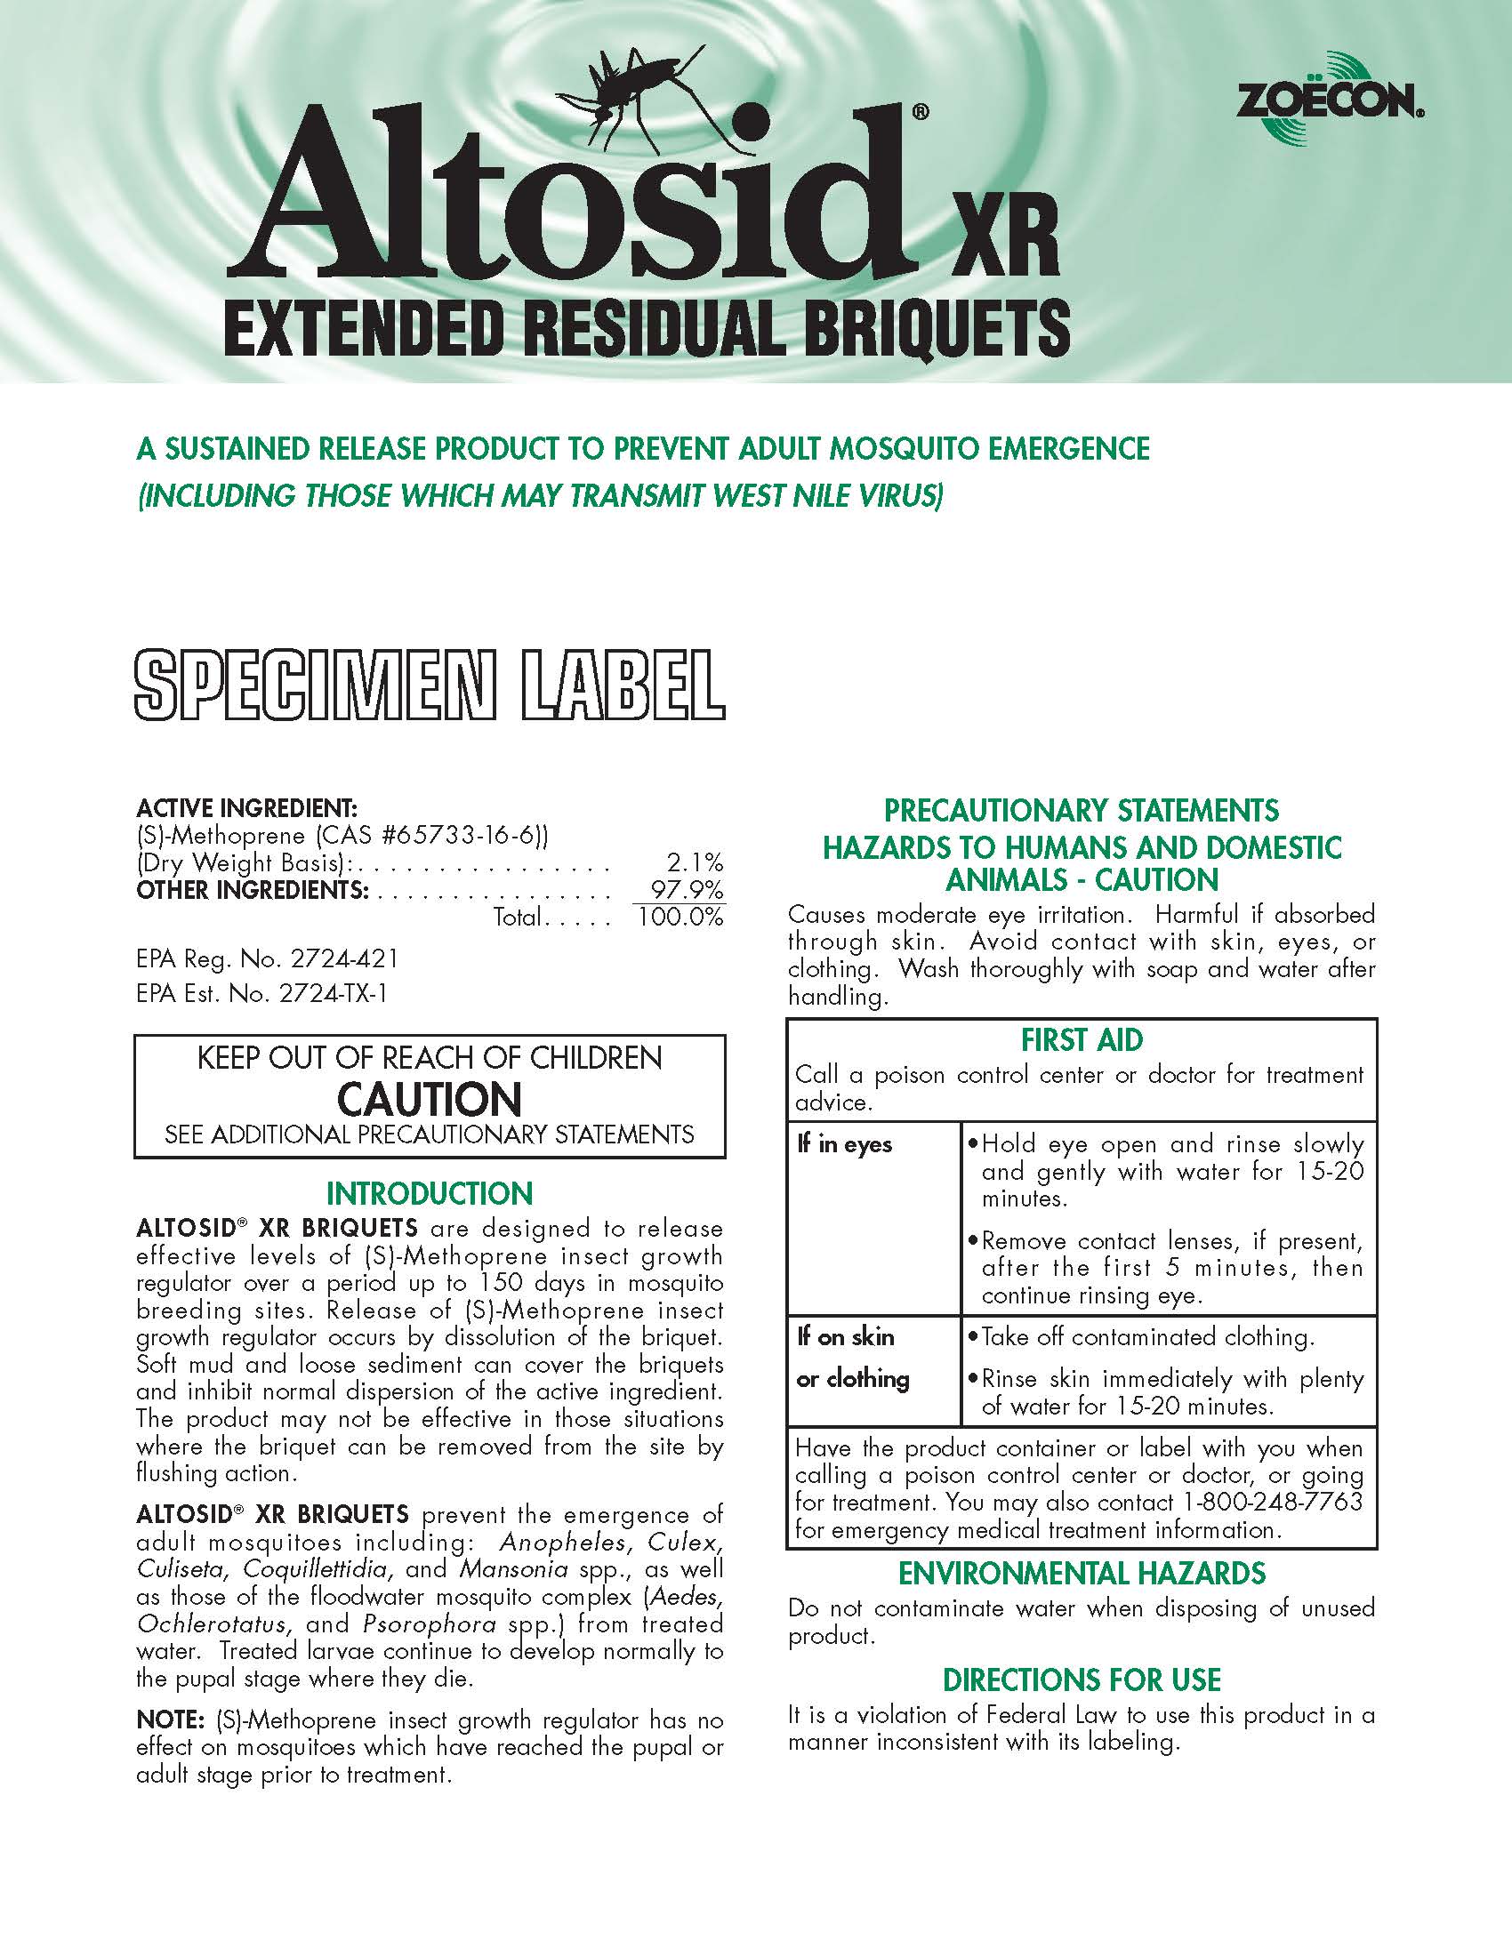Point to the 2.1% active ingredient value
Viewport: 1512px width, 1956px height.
pos(695,862)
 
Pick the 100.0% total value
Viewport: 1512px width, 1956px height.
pos(679,918)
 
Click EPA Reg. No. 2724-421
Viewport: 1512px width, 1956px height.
pos(267,959)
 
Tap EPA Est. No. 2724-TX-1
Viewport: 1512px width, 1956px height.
pos(261,994)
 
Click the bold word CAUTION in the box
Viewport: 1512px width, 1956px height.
pos(429,1098)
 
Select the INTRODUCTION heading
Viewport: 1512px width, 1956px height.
pos(429,1194)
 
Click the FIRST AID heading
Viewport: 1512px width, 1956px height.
pos(1082,1040)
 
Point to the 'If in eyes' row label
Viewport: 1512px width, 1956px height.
pos(845,1144)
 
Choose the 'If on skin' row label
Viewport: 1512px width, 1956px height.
pos(846,1337)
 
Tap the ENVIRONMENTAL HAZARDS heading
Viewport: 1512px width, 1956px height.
pos(1082,1574)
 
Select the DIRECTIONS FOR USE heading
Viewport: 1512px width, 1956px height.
pos(1082,1679)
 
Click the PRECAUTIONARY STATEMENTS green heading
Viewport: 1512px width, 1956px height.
pos(1082,811)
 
